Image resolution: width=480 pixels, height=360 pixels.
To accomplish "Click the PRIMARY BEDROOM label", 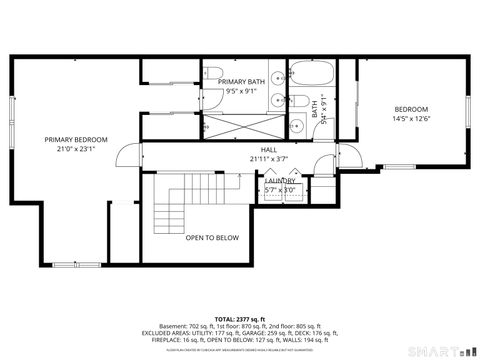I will pos(76,139).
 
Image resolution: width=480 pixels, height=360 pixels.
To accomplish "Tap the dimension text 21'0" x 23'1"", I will pos(76,149).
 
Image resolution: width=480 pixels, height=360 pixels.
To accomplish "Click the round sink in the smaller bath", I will pos(300,126).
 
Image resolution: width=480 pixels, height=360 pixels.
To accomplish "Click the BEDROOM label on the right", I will pos(410,109).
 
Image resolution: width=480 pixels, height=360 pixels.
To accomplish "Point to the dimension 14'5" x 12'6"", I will pos(410,119).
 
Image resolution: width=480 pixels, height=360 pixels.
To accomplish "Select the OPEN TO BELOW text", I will pos(212,237).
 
